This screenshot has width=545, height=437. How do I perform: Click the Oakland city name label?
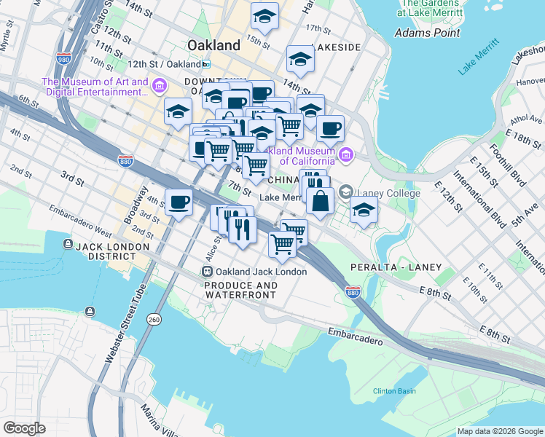[213, 45]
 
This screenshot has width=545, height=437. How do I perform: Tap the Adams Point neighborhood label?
[427, 33]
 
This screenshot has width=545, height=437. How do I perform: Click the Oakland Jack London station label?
[260, 272]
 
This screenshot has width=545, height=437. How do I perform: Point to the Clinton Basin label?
[394, 391]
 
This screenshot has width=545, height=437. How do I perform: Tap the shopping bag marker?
[320, 200]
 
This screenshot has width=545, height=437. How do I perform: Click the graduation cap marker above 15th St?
[264, 16]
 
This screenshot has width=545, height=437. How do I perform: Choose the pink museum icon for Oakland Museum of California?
[345, 154]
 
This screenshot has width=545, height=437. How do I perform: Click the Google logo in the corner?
[24, 428]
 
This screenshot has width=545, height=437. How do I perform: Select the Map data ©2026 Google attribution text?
[499, 431]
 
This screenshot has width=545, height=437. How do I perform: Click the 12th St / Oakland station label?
[167, 64]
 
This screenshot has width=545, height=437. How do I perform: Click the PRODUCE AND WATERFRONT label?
[240, 290]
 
